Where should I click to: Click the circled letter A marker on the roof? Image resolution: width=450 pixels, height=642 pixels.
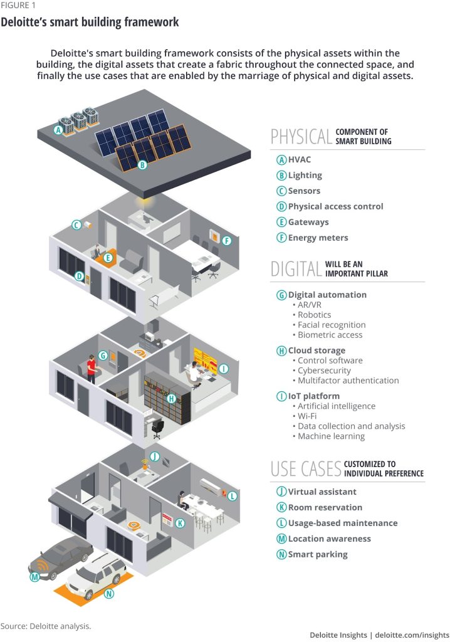(58, 130)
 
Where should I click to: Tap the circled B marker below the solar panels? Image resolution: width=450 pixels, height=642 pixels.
(142, 166)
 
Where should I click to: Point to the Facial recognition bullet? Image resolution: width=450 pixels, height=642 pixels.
(331, 325)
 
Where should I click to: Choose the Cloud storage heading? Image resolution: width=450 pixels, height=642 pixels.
(316, 350)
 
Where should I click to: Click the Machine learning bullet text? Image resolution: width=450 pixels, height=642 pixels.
(331, 436)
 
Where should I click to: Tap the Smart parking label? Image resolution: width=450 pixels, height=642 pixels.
(317, 554)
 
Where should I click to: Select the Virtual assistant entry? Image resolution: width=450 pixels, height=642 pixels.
(322, 492)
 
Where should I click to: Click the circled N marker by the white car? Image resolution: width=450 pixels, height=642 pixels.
(109, 594)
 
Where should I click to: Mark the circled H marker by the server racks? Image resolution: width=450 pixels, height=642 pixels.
(170, 398)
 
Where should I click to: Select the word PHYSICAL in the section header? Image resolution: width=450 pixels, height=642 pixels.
(301, 136)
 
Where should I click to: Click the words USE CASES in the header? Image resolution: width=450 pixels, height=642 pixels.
(306, 468)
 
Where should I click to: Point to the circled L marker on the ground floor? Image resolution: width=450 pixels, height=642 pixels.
(233, 496)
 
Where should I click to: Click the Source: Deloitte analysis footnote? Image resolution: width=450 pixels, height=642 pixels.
(46, 626)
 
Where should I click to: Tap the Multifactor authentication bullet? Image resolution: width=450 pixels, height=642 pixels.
(348, 380)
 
